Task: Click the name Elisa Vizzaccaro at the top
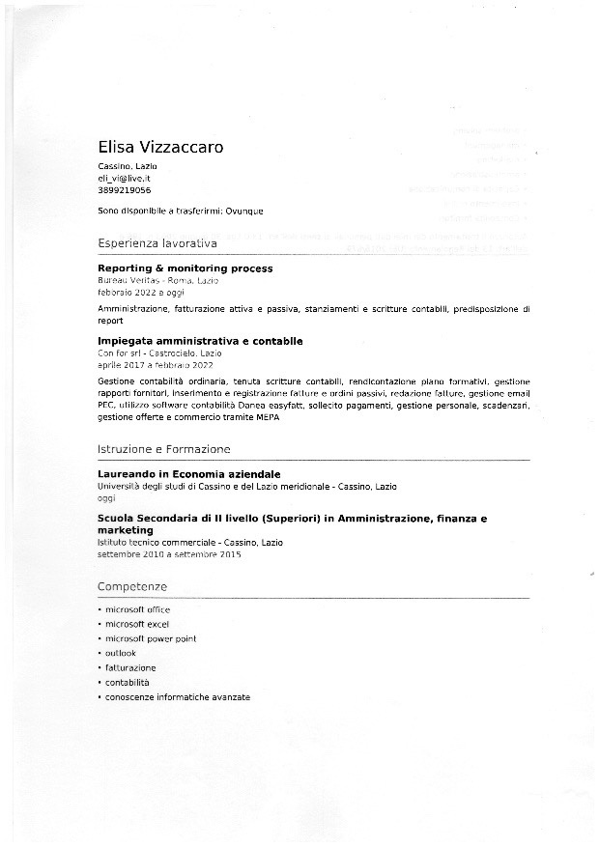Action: tap(160, 148)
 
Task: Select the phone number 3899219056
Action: tap(124, 190)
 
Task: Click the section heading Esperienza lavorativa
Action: tap(157, 243)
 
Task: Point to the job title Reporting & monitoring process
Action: tap(185, 268)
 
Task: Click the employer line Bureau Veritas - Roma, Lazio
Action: tap(158, 280)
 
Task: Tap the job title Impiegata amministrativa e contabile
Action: tap(201, 341)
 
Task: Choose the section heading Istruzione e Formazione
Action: tap(164, 449)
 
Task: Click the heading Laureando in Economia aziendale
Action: tap(189, 474)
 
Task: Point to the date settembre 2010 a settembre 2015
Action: tap(169, 554)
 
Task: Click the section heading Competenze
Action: tap(132, 587)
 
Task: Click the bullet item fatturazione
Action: tap(130, 667)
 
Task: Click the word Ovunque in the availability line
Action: tap(244, 211)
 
